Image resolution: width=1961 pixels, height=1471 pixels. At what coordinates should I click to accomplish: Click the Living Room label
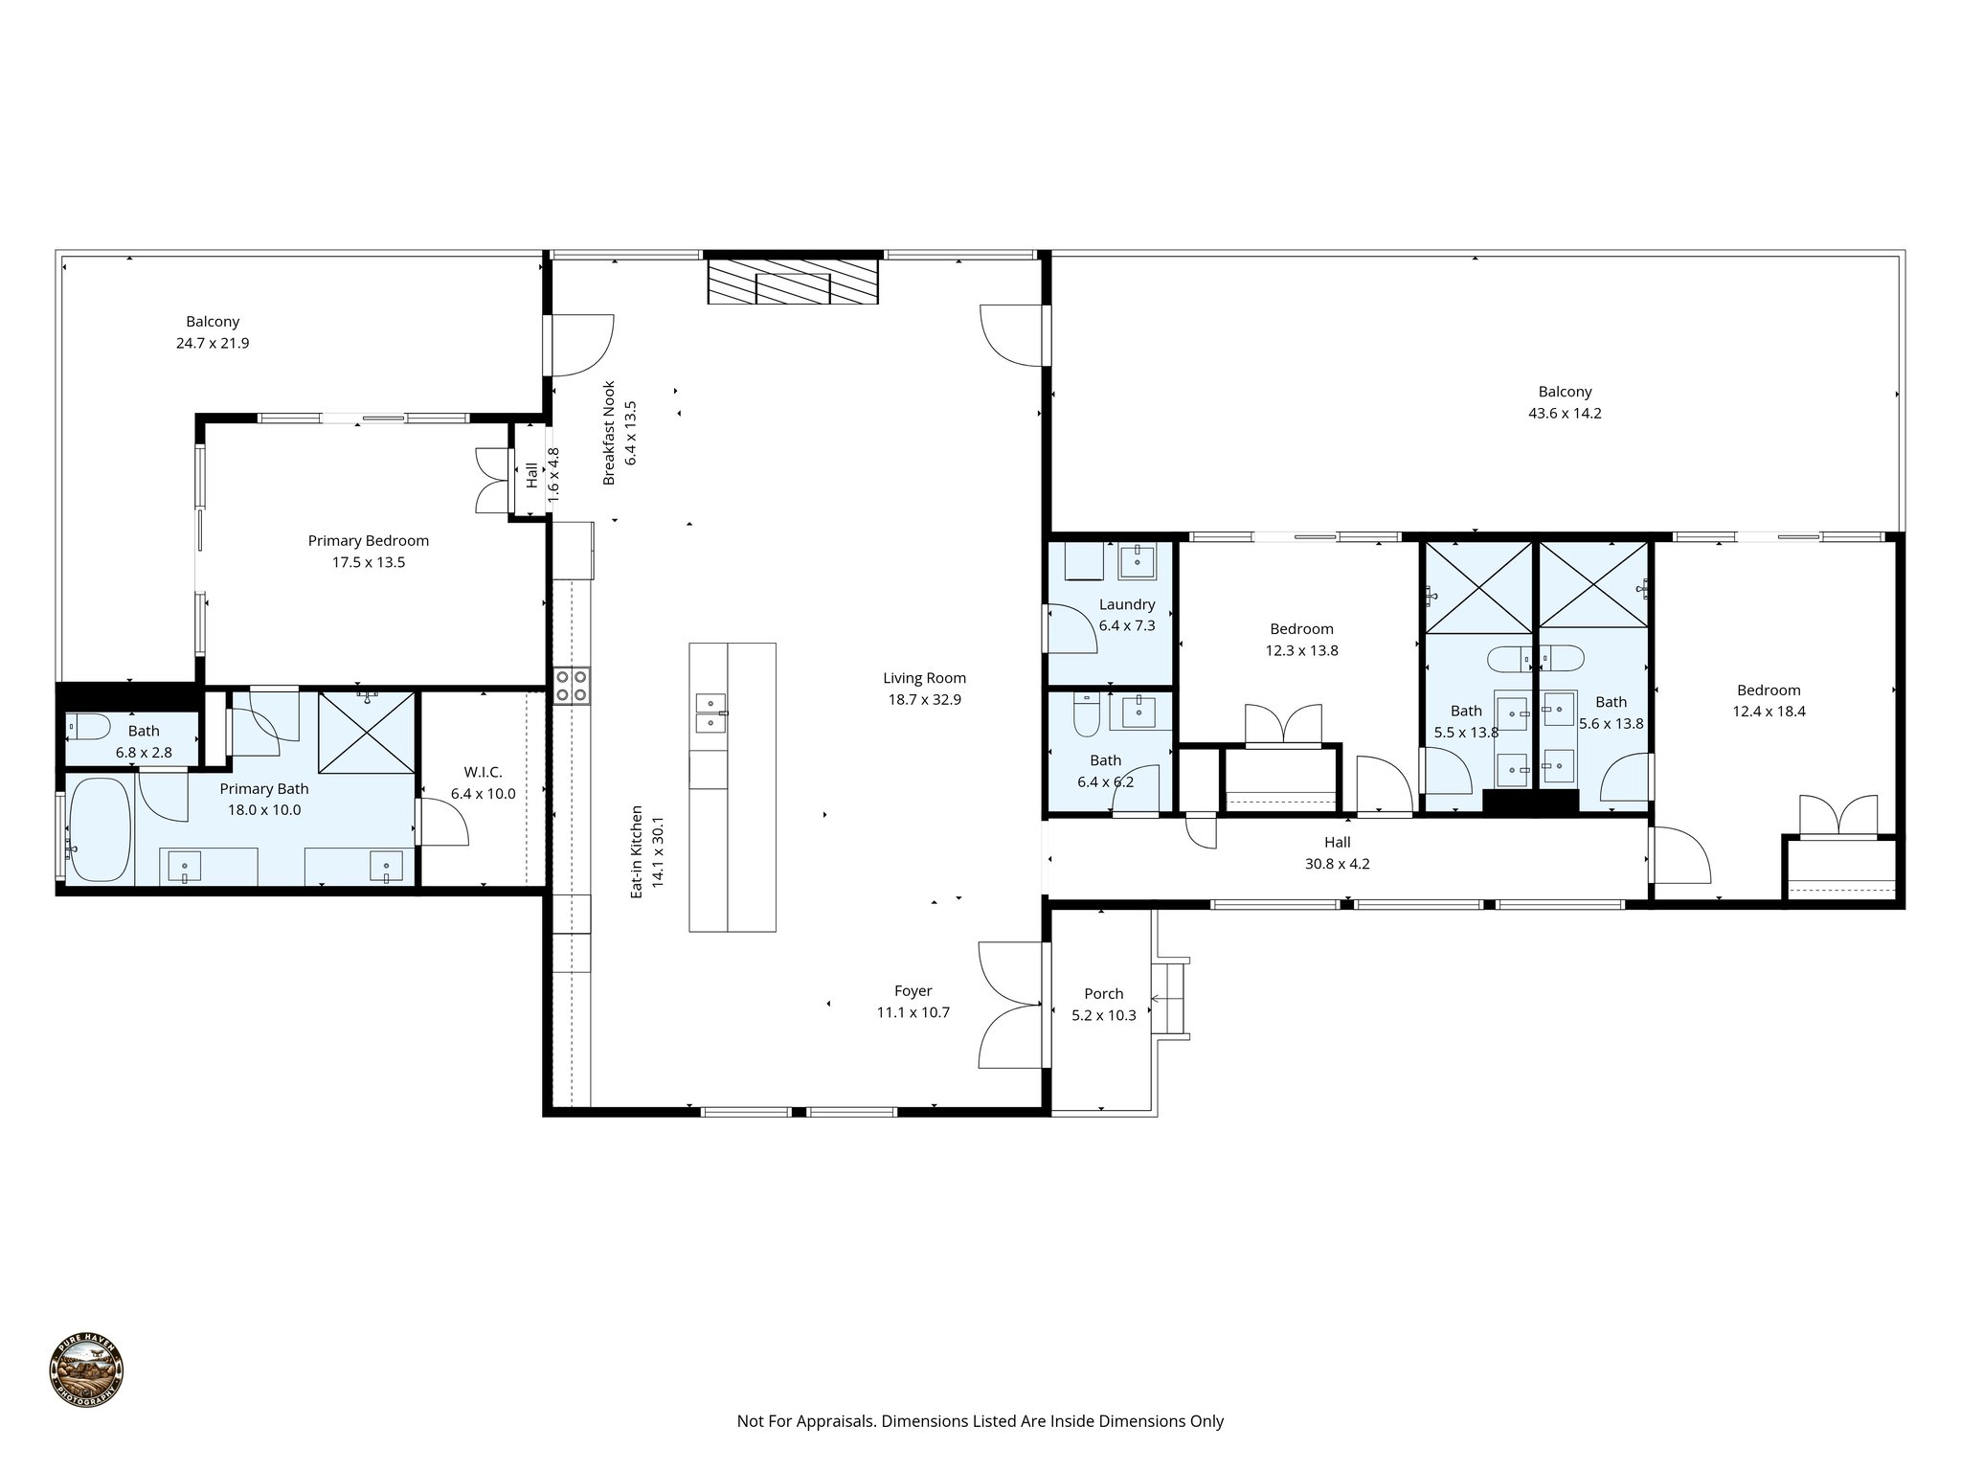click(924, 678)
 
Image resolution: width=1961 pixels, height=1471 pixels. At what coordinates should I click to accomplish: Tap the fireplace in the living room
click(792, 281)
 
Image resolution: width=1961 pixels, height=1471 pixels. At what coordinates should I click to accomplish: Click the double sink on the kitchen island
click(709, 712)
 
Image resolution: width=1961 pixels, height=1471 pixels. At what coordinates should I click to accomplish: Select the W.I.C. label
click(483, 772)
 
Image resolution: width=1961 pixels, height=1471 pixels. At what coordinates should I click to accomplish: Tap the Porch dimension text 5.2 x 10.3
click(1103, 1015)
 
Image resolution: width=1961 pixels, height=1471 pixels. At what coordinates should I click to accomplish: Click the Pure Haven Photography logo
click(87, 1371)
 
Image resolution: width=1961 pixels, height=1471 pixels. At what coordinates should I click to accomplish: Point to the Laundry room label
click(1127, 604)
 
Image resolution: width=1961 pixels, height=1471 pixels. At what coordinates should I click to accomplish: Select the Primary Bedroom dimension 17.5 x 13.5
click(369, 562)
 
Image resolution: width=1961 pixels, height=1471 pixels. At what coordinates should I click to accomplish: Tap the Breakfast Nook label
click(609, 433)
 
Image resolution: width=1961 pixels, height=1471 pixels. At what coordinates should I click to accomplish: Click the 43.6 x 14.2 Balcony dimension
click(1565, 414)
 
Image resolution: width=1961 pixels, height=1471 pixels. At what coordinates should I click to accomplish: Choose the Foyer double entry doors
click(1012, 1005)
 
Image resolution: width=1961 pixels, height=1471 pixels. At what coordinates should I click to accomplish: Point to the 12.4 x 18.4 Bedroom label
click(1769, 690)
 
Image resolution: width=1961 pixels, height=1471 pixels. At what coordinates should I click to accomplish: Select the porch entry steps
click(1171, 999)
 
